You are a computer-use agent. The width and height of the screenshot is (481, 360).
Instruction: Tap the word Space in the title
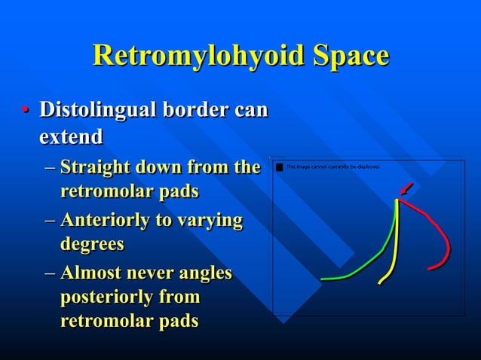(x=347, y=56)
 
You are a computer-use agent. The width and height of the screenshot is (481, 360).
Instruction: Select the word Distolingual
(x=100, y=110)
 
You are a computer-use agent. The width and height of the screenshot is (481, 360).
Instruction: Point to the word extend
(x=71, y=138)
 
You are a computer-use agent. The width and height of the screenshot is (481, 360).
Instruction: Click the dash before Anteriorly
(x=49, y=221)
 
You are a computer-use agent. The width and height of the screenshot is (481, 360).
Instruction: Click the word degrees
(x=92, y=245)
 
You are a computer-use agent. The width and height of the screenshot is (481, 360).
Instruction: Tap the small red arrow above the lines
(x=406, y=187)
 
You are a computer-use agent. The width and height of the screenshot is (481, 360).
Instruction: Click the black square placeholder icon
(x=280, y=166)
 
